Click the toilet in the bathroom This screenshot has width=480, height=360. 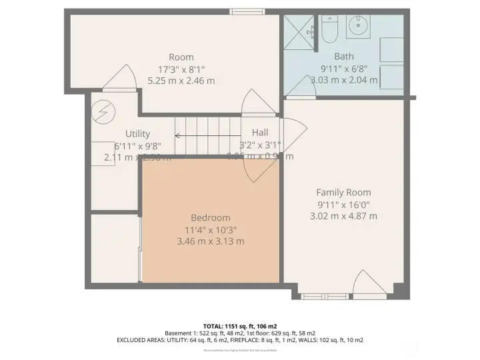click(329, 29)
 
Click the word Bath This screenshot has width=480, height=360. click(344, 57)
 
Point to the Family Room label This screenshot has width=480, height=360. click(343, 192)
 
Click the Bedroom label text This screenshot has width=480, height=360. click(211, 217)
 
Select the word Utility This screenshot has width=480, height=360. click(137, 133)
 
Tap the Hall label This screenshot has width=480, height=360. click(260, 133)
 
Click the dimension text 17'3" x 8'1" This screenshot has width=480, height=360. click(181, 69)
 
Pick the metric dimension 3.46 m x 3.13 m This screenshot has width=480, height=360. click(211, 241)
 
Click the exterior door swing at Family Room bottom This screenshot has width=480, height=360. click(370, 283)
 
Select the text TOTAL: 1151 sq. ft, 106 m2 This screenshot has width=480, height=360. click(239, 325)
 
